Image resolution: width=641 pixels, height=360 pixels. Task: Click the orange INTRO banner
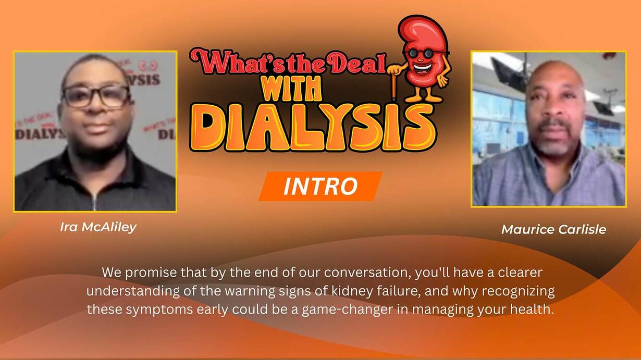point(320,187)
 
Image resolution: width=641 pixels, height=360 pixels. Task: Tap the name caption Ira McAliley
point(98,228)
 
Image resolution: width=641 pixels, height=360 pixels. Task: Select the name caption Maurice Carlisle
point(554,230)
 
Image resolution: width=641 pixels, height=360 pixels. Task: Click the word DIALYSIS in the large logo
point(313,127)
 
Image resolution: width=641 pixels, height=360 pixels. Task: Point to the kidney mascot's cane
point(394,83)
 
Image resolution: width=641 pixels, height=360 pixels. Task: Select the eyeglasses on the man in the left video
point(96,96)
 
